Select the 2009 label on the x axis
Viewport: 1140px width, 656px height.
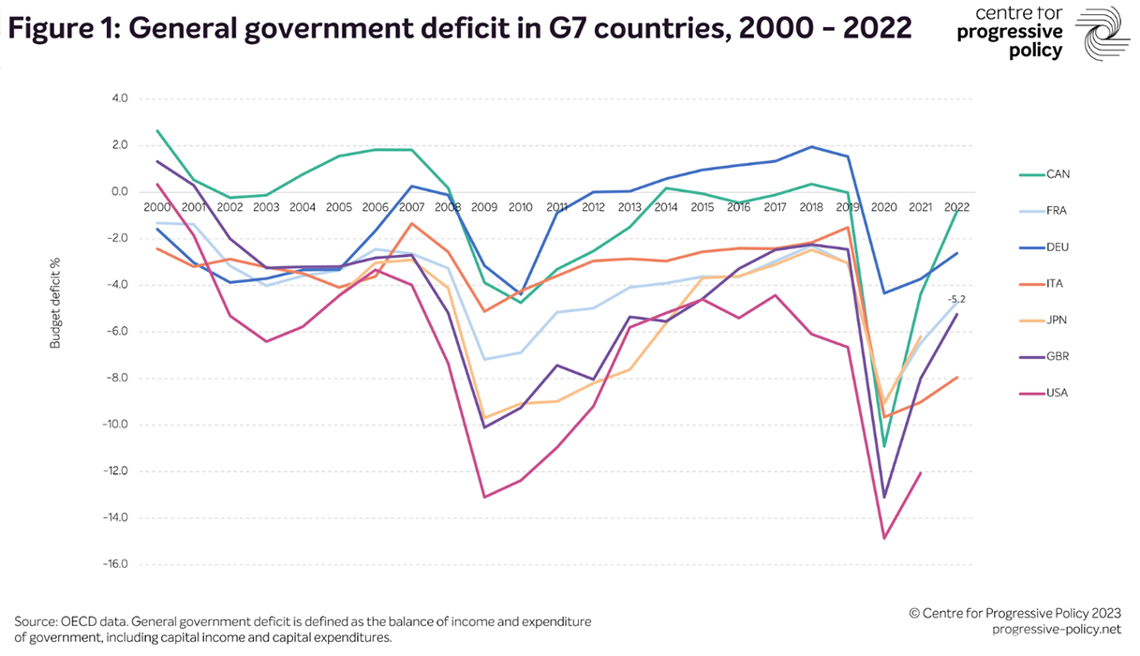[x=484, y=206]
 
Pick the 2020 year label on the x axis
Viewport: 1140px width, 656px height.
[x=883, y=206]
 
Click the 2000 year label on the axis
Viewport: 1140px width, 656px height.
[x=157, y=206]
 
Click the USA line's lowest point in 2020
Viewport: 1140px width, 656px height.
[x=883, y=538]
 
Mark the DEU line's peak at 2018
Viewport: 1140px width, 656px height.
[x=811, y=147]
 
